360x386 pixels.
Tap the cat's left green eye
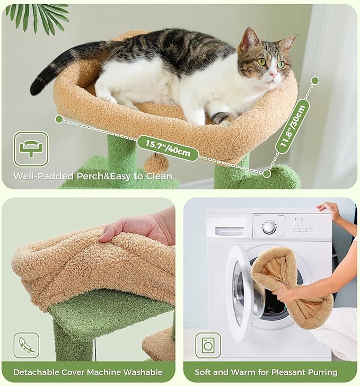click(x=261, y=62)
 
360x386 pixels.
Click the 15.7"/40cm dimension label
click(x=168, y=148)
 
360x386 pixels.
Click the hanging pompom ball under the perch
click(x=157, y=163)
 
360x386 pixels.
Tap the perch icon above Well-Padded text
click(x=31, y=149)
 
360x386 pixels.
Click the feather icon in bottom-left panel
click(x=27, y=345)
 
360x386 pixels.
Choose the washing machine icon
click(x=208, y=345)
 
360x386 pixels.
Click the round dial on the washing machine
click(x=269, y=227)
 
